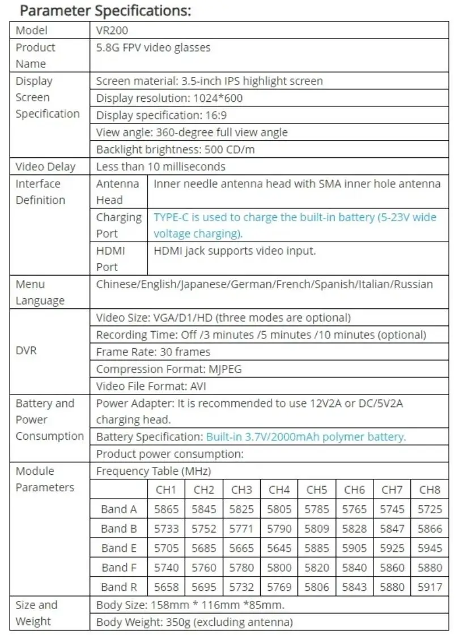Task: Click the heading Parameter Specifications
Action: point(105,10)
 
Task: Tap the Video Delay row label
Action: point(45,166)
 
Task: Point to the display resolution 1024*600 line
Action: point(169,98)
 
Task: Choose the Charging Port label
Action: point(118,225)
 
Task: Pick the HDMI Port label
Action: point(110,259)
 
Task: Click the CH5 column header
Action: point(317,490)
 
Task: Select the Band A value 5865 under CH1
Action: point(166,509)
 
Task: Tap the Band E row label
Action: point(118,548)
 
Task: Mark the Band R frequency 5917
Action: point(430,587)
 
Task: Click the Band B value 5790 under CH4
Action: point(279,529)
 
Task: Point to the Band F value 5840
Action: point(354,567)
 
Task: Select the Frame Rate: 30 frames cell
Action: point(153,352)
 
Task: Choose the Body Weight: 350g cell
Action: point(194,622)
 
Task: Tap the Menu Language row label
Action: point(39,292)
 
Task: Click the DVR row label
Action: point(26,351)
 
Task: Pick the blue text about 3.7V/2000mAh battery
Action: point(306,436)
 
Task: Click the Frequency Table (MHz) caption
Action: point(154,471)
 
